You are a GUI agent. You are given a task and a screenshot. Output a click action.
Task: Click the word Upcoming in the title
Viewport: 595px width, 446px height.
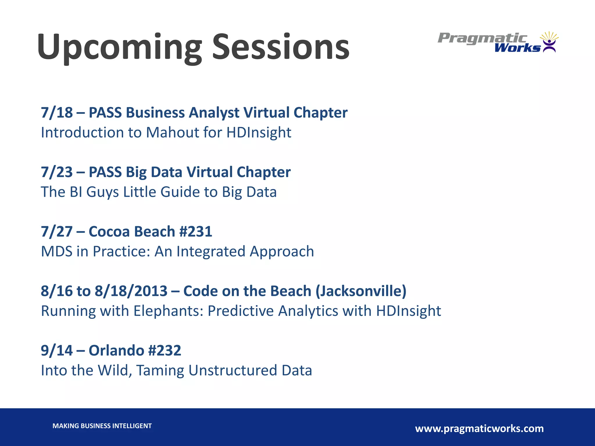(119, 48)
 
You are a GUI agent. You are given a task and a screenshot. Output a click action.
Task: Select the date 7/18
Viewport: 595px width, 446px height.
(57, 113)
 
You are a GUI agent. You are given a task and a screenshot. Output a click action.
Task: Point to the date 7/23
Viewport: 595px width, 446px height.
(57, 172)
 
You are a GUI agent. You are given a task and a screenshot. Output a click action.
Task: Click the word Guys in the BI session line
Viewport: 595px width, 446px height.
(102, 192)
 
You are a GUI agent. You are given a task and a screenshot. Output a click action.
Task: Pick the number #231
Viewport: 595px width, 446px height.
(196, 232)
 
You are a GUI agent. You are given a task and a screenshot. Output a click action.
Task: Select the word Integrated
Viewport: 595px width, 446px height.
(211, 251)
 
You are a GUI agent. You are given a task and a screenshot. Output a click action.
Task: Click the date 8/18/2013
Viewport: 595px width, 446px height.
(131, 291)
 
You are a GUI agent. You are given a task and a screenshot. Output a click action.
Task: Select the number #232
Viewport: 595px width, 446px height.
(164, 350)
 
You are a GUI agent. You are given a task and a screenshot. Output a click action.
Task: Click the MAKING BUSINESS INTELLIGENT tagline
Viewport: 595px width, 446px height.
(102, 426)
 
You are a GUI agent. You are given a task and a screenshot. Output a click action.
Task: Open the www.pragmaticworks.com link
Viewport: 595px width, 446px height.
(479, 429)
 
